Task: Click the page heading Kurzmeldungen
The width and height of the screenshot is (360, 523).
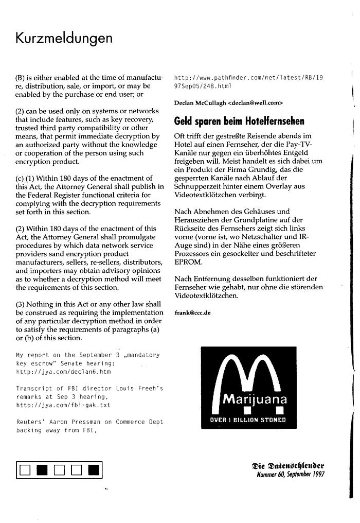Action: pos(64,39)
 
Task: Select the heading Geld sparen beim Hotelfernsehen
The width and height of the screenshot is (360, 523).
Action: pos(239,121)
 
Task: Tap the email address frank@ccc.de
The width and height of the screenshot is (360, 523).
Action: pos(193,312)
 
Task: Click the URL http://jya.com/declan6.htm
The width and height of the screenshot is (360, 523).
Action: pos(64,371)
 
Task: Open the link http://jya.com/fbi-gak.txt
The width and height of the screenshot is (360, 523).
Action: pos(64,405)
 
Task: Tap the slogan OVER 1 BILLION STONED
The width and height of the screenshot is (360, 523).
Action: pos(248,420)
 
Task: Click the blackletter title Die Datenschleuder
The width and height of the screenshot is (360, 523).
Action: pos(287,466)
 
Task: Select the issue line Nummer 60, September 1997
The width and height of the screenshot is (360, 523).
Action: pos(291,474)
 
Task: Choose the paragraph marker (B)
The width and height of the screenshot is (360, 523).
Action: pos(21,78)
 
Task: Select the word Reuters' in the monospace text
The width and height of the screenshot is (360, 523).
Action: pos(30,422)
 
